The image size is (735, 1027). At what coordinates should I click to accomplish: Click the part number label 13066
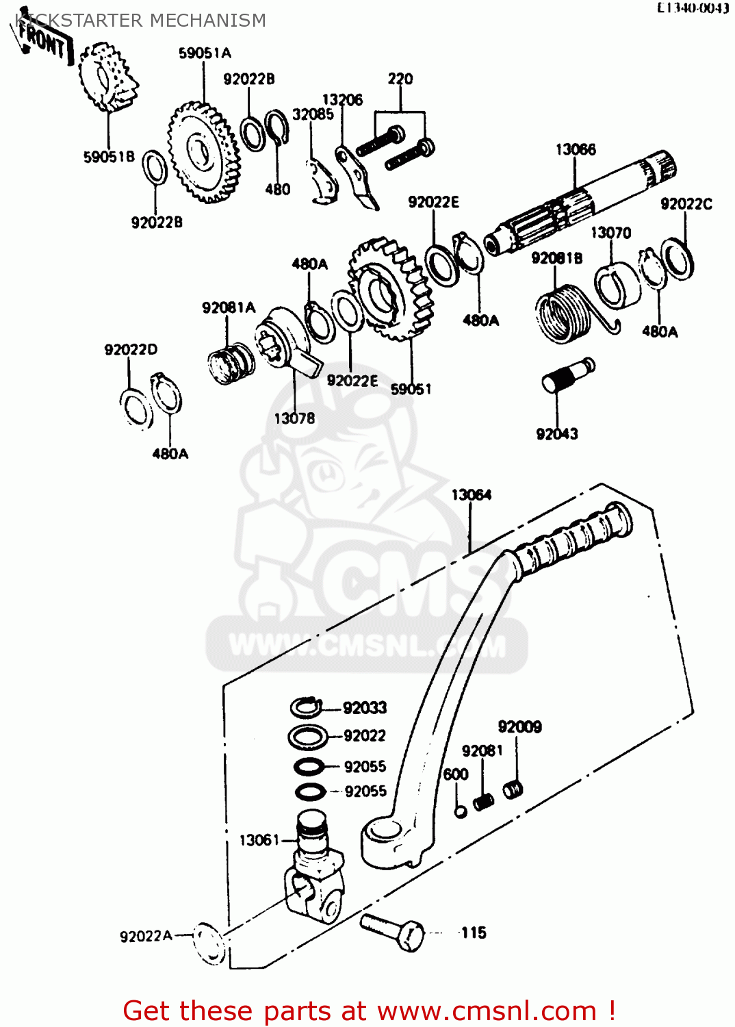(x=576, y=149)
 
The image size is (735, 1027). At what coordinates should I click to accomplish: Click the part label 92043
(x=557, y=434)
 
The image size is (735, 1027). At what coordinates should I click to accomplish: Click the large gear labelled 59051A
(x=203, y=152)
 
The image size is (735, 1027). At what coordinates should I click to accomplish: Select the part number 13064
(x=471, y=494)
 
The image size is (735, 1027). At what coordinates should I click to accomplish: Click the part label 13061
(x=259, y=840)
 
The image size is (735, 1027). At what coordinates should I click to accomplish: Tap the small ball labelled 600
(x=461, y=811)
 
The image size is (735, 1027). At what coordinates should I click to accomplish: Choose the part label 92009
(x=519, y=726)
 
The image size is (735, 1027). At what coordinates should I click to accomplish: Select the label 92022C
(x=686, y=204)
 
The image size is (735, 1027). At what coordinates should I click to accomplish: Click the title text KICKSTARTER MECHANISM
(x=140, y=21)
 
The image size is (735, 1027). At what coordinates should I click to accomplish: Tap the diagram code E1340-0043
(x=693, y=8)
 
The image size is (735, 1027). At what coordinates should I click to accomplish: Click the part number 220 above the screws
(x=400, y=79)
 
